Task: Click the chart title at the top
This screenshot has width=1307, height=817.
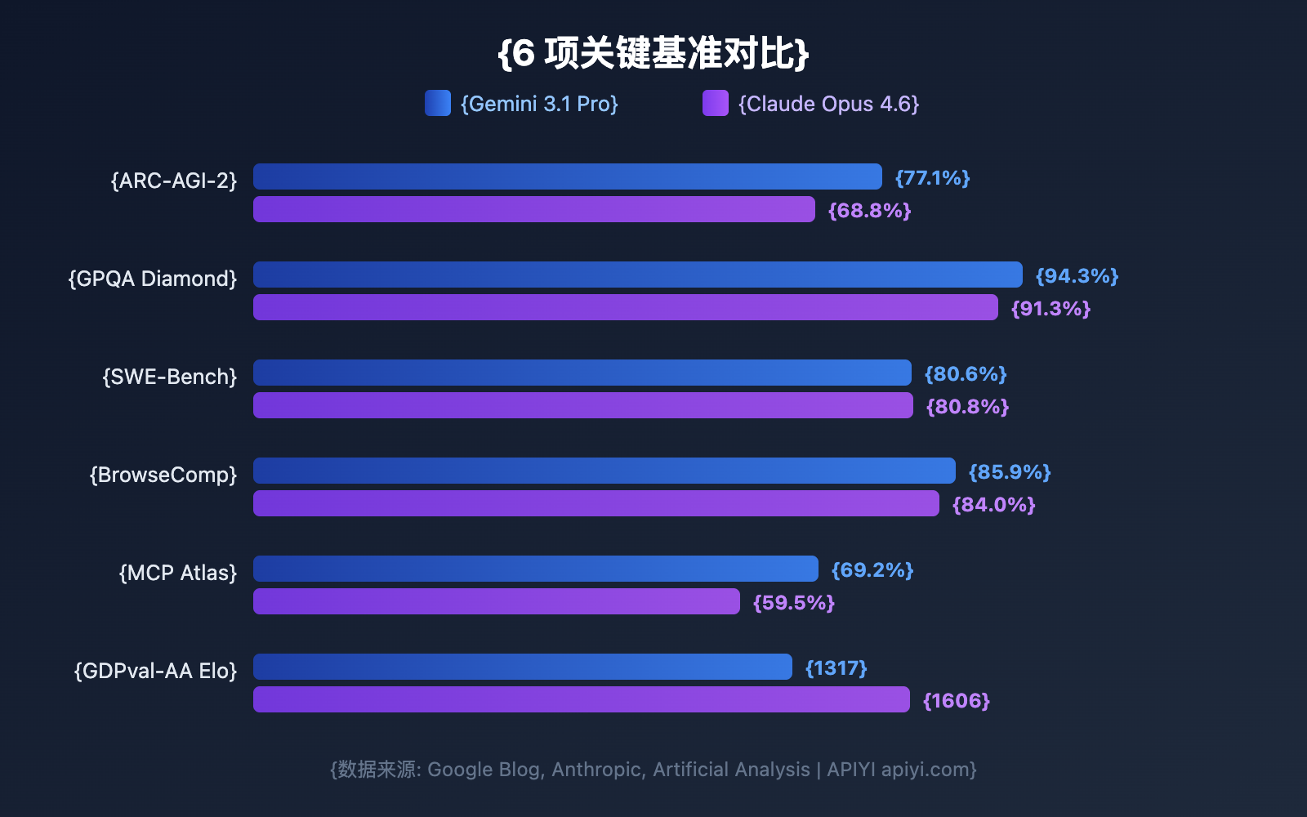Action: (653, 54)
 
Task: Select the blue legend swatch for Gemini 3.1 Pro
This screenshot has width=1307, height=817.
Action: (438, 103)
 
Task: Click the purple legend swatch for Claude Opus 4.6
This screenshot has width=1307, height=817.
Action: (715, 103)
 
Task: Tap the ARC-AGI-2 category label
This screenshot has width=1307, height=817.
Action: (173, 181)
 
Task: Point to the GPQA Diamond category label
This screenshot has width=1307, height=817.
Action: (153, 279)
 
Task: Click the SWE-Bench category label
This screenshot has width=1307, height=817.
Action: (169, 377)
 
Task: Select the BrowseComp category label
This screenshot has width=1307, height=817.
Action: (163, 475)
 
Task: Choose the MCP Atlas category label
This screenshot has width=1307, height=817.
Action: (177, 573)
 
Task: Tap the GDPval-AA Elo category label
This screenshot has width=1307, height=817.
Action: (155, 671)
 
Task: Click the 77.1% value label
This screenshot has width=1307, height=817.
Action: (932, 178)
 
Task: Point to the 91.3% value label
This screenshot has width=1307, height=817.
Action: (1051, 309)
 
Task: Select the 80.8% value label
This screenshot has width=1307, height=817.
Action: (967, 407)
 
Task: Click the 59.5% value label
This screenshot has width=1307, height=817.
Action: (793, 603)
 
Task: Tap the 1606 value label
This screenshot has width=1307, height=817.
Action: (956, 701)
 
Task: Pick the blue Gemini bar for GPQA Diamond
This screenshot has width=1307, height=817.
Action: (637, 275)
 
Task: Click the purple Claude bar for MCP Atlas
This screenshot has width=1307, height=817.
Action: (496, 601)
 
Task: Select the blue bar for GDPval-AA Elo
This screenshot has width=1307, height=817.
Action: (522, 667)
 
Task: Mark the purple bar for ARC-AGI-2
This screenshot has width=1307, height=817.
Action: (533, 209)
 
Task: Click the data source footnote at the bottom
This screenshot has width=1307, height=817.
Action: (653, 770)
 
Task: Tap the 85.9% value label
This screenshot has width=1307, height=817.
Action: (1009, 472)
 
